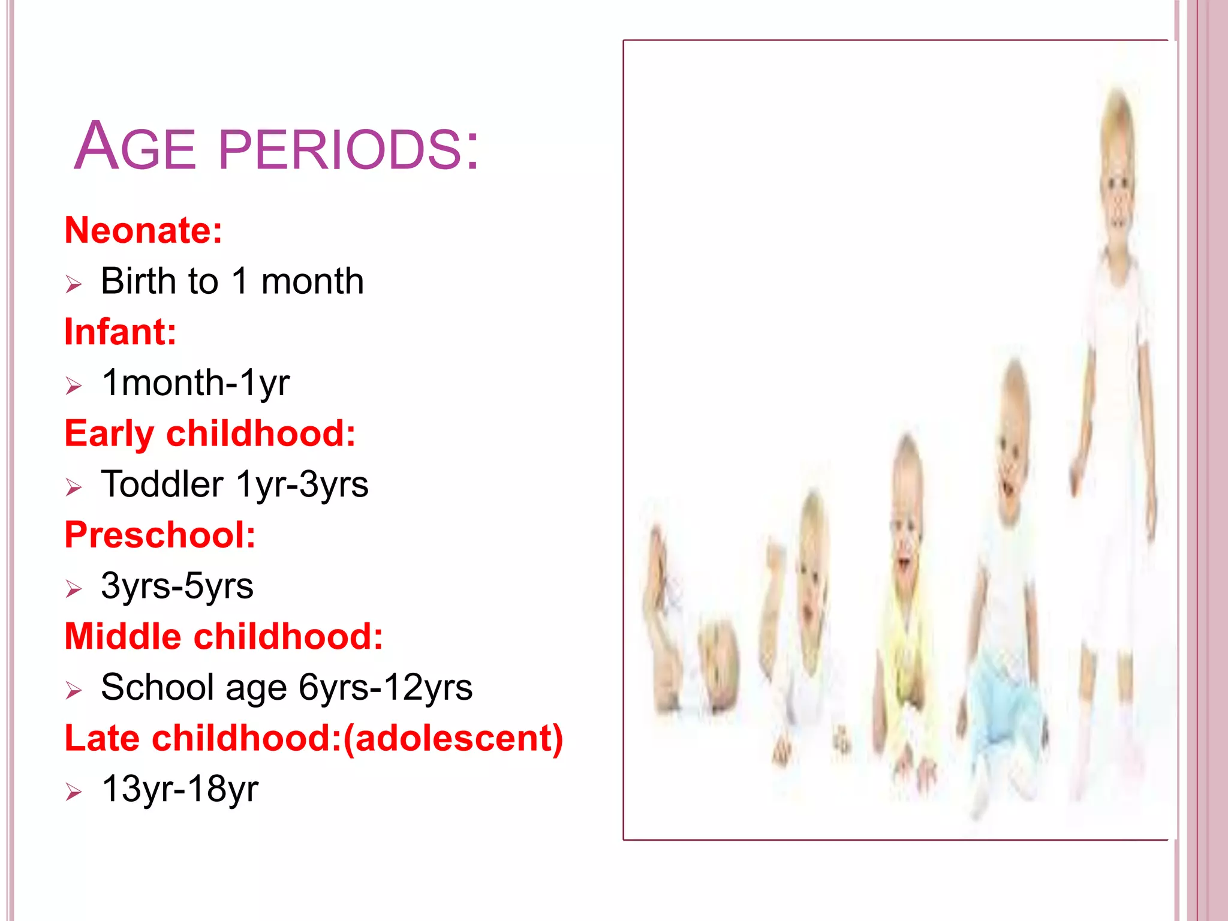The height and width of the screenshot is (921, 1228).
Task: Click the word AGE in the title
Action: pos(135,147)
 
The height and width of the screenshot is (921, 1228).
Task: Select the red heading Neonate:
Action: pos(143,230)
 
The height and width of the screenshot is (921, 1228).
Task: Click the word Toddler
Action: pos(162,484)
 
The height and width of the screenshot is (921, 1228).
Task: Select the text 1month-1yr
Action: pos(195,383)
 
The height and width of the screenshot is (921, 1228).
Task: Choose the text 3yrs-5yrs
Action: pos(177,586)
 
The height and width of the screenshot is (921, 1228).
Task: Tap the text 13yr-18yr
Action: pos(180,789)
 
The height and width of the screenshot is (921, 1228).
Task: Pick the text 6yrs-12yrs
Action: pos(386,688)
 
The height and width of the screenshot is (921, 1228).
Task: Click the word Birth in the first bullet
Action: pos(138,281)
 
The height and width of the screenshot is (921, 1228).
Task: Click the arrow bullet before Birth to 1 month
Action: pos(73,284)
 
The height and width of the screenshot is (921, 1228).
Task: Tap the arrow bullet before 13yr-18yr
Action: pos(73,791)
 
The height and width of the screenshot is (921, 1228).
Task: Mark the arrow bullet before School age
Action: pos(73,690)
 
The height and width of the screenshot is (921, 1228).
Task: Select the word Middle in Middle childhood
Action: pos(122,637)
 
